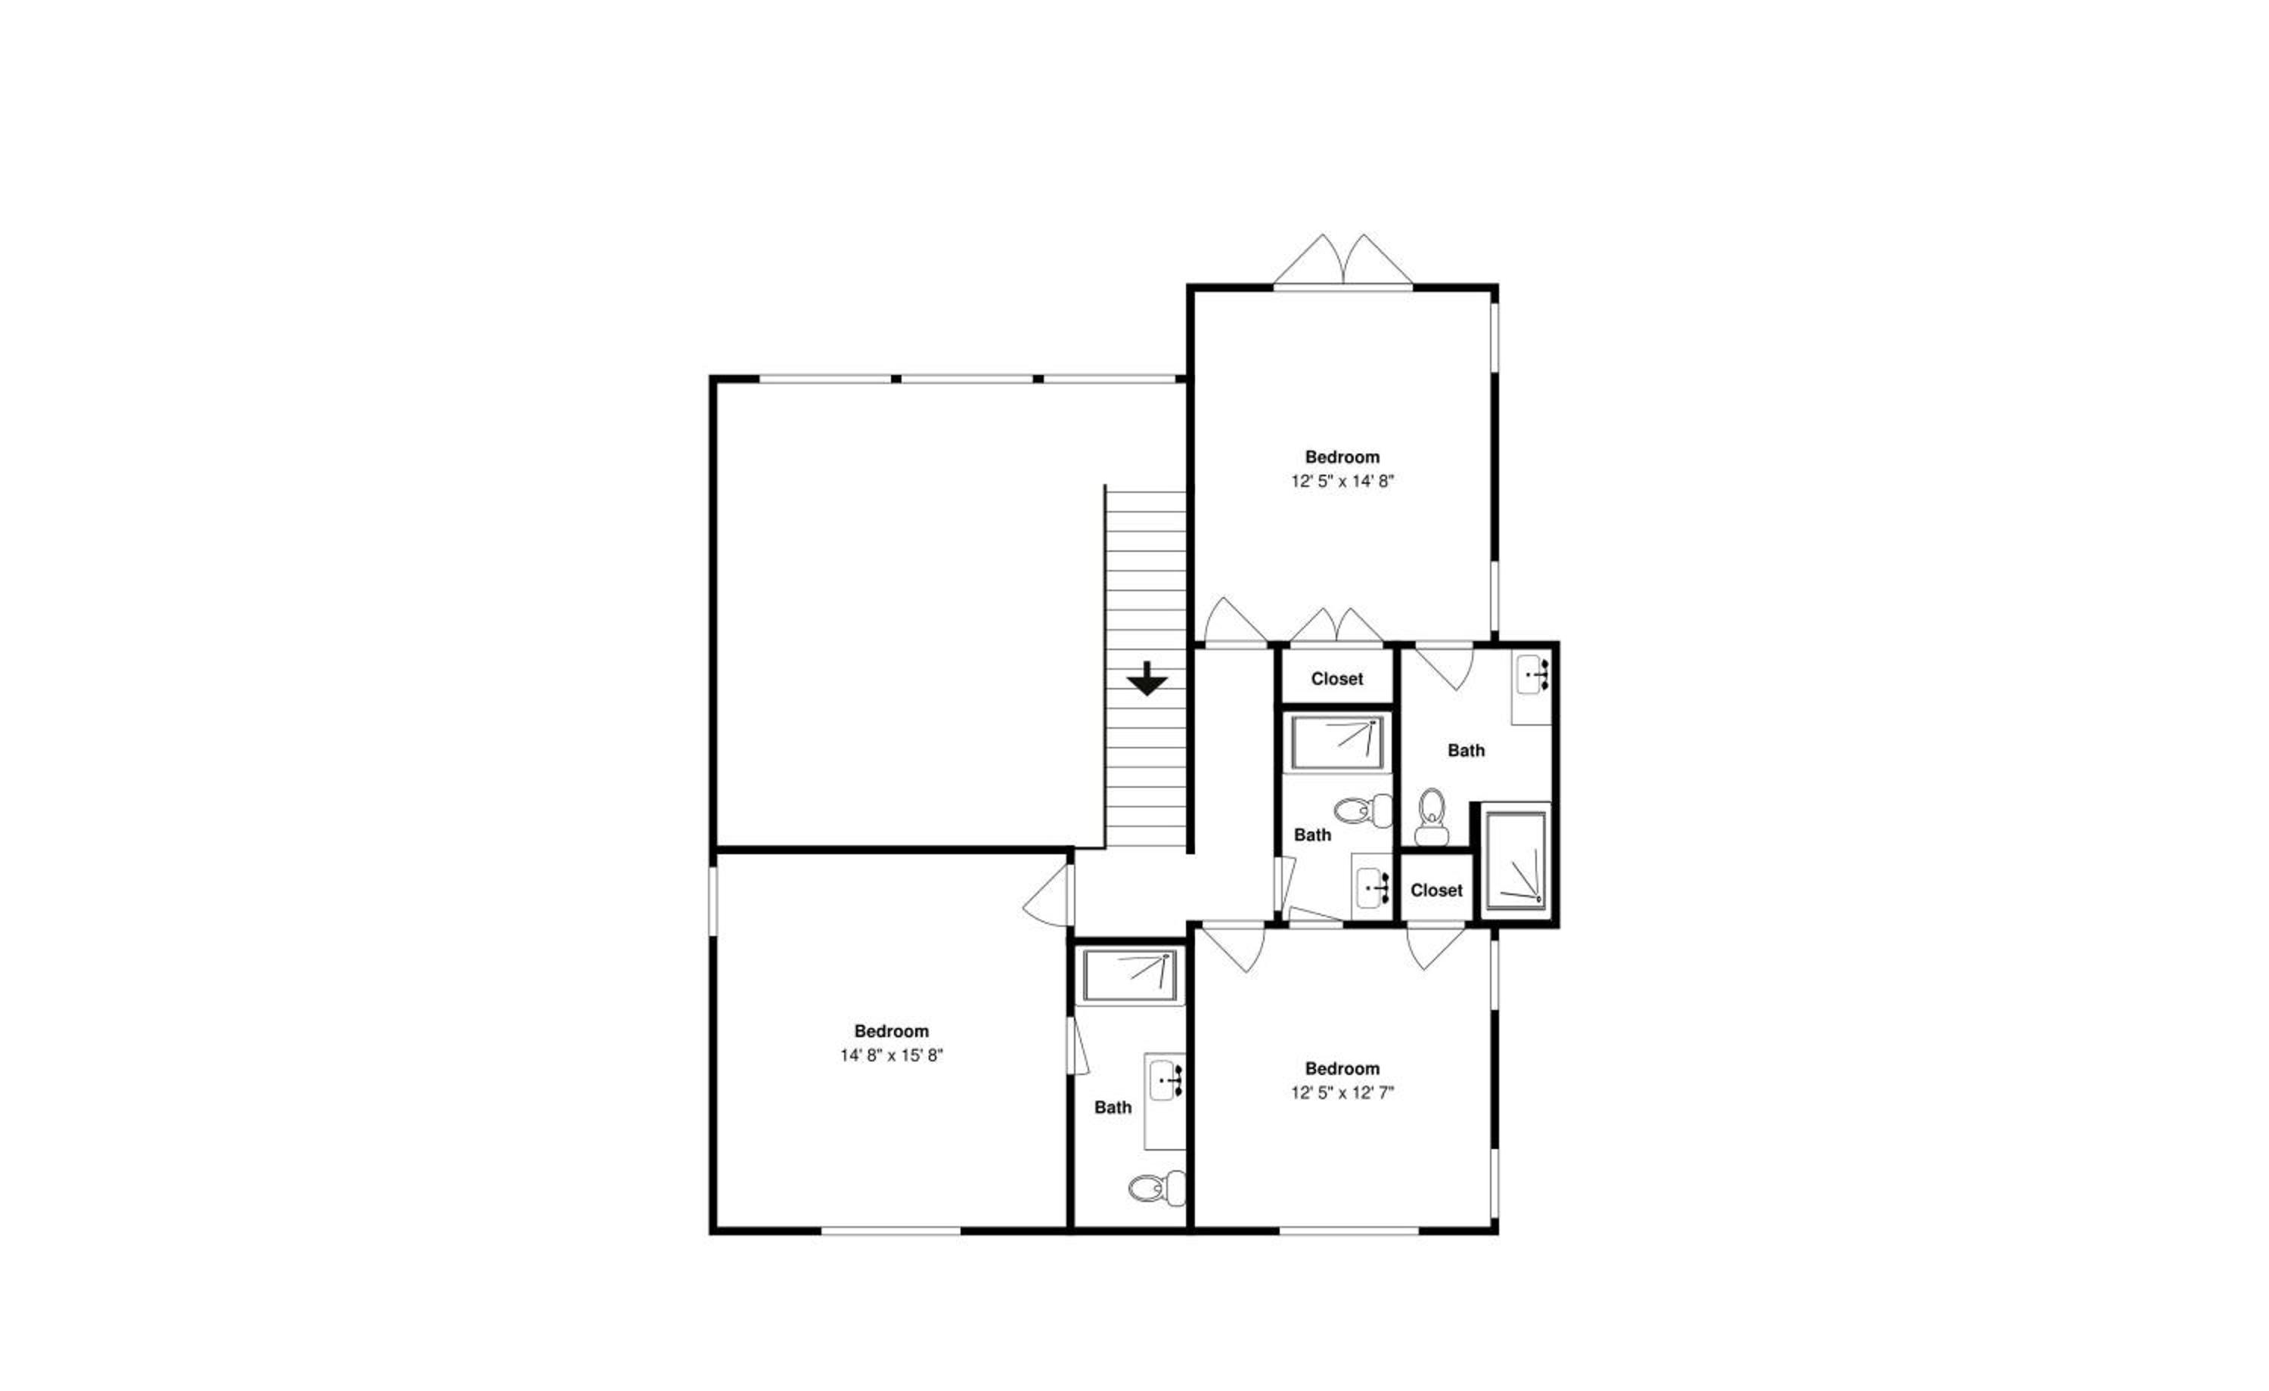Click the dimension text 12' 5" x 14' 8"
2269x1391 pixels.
(1342, 481)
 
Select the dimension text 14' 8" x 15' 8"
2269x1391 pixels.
(892, 1055)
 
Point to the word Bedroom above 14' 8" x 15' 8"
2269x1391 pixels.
(892, 1031)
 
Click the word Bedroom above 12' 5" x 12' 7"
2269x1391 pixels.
(1342, 1069)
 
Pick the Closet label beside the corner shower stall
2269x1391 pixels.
(1436, 891)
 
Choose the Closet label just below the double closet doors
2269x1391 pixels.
(1337, 678)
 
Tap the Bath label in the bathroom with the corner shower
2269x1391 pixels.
(1466, 750)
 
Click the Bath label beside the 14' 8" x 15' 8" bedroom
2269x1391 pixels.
(1113, 1108)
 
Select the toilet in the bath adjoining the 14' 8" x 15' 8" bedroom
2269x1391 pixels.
(1156, 1188)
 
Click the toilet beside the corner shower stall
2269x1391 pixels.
(1431, 816)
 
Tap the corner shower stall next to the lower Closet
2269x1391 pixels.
(1516, 862)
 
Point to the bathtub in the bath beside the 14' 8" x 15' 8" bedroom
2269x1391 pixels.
(1130, 976)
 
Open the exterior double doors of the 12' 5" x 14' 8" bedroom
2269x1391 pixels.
(1342, 262)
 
